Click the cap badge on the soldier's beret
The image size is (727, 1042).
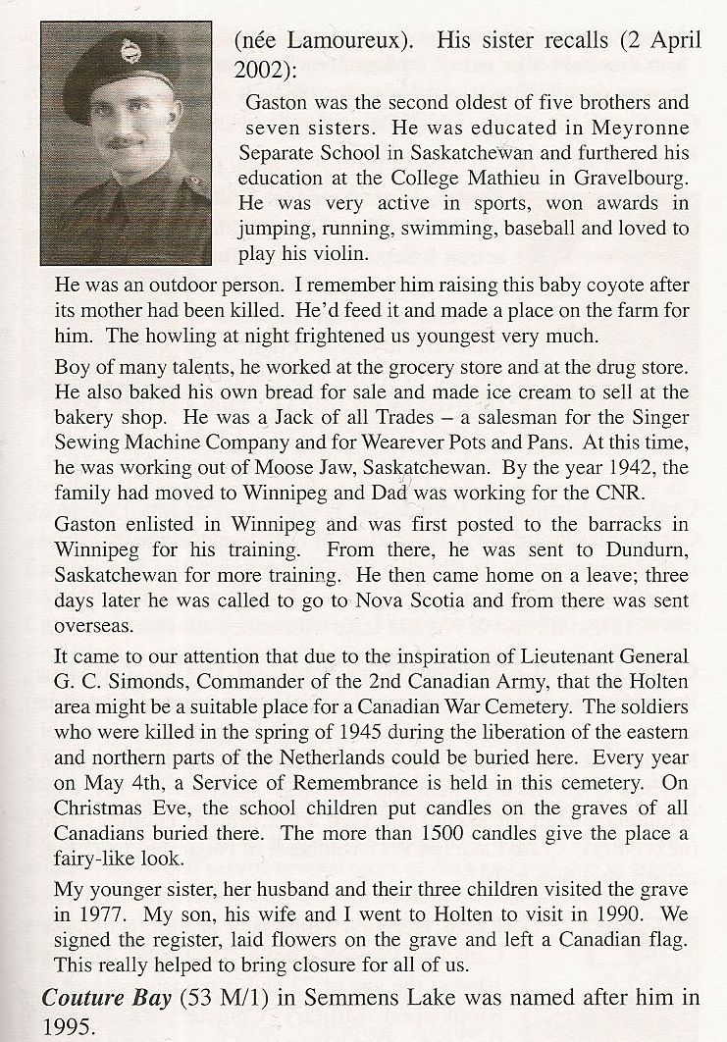[x=130, y=50]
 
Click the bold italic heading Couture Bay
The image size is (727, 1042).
[x=106, y=999]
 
